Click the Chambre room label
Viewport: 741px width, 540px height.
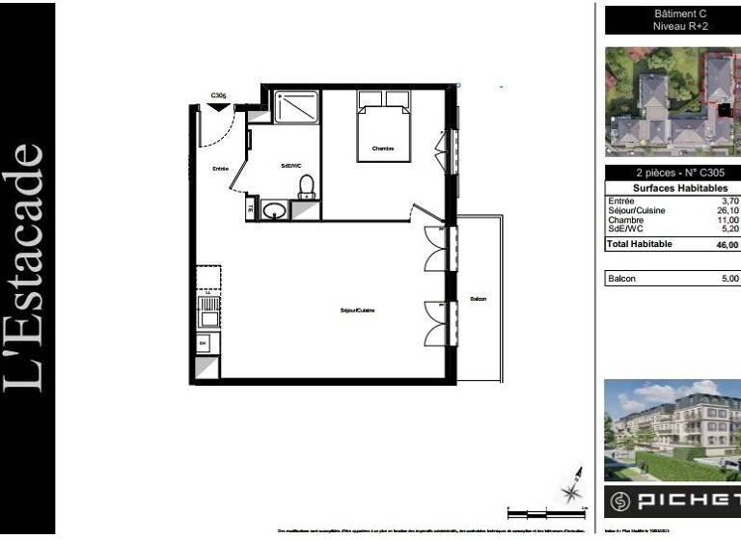383,148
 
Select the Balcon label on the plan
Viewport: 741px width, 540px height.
478,299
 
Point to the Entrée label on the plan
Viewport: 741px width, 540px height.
221,170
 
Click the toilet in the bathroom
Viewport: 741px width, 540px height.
307,185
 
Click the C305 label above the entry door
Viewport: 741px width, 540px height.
219,95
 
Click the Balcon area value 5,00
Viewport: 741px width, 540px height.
729,279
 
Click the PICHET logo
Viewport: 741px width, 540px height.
672,501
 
